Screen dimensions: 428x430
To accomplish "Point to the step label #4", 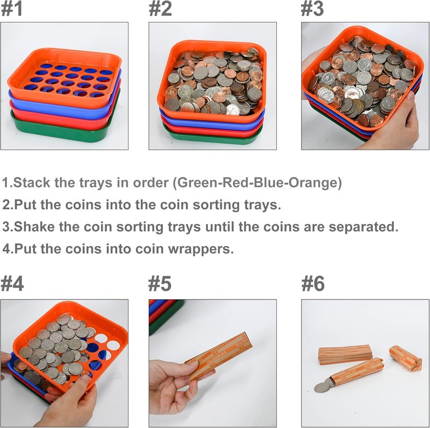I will click(x=13, y=283).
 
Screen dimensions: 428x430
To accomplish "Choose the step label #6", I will click(x=313, y=283).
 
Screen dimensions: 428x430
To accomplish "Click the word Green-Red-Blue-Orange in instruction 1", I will click(x=257, y=183).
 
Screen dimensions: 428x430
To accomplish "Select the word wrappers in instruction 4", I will click(x=207, y=249).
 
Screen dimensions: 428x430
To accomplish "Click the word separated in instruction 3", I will click(x=361, y=226).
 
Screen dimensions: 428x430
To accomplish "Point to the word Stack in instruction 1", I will click(x=33, y=183).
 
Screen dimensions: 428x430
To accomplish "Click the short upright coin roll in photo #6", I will click(x=406, y=359).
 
